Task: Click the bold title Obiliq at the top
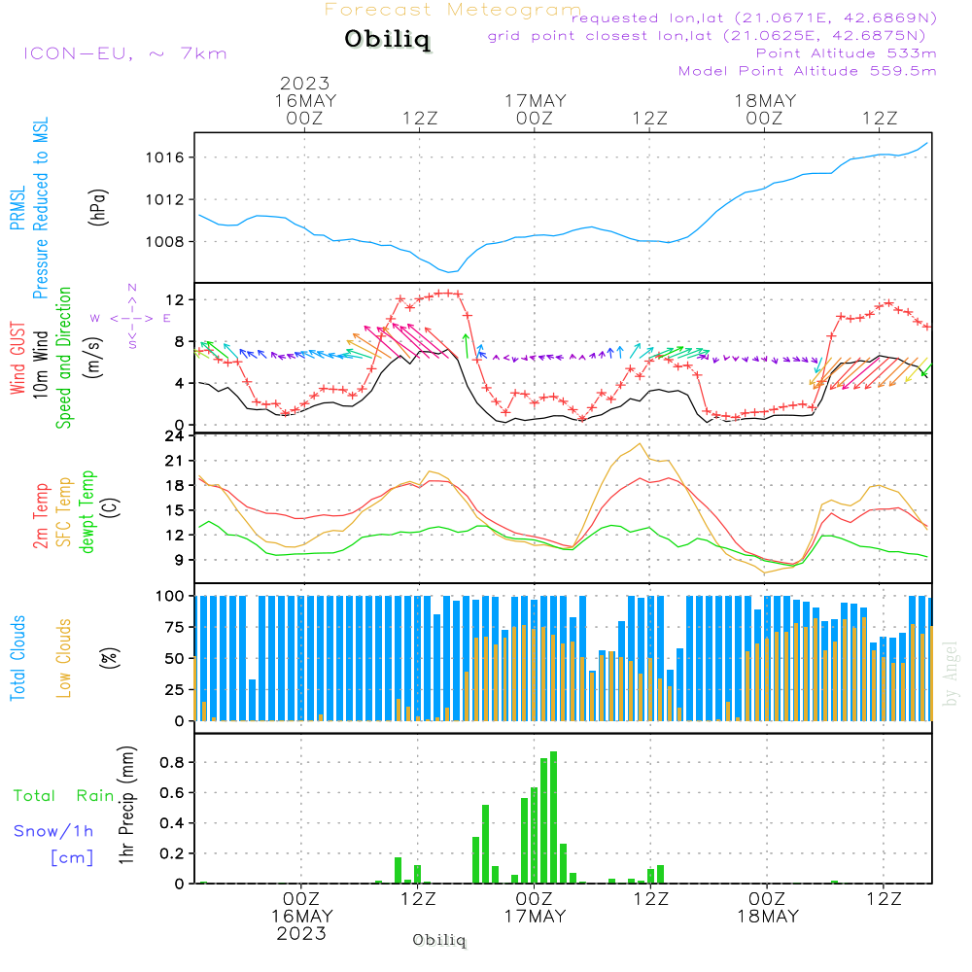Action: click(387, 41)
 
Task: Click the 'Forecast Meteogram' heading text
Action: click(453, 11)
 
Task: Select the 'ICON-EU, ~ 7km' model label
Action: click(124, 53)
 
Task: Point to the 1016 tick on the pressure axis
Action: click(169, 157)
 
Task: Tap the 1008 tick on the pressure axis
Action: click(169, 241)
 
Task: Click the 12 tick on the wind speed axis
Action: click(176, 299)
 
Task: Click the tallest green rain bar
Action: click(553, 816)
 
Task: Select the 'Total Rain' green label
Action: click(64, 796)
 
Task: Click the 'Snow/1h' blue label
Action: click(53, 831)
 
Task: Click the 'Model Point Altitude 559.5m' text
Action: click(808, 71)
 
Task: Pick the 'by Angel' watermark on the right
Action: click(951, 674)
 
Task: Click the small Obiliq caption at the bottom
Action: click(439, 941)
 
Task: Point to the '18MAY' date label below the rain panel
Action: click(766, 917)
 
